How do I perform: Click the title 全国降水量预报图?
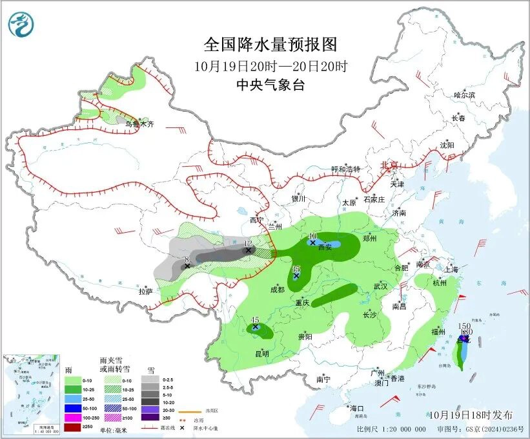(270, 44)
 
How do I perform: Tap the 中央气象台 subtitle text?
(270, 85)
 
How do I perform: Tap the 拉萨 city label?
(145, 292)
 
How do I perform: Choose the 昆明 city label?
(262, 353)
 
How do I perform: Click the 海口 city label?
(357, 409)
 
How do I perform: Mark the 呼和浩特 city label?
(345, 169)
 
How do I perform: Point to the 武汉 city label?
(380, 286)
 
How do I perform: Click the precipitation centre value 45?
(255, 320)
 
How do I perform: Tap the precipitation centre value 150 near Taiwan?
(463, 326)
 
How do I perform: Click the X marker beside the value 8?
(187, 266)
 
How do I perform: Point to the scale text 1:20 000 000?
(399, 429)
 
